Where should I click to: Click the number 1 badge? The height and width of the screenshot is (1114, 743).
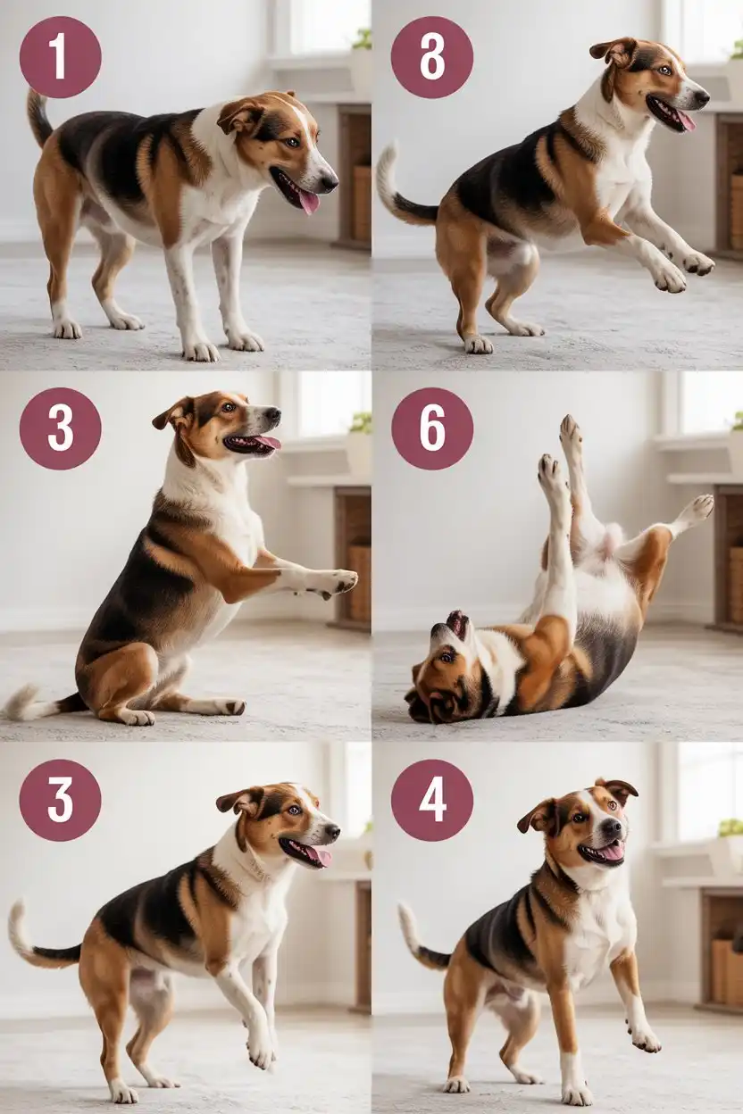[60, 56]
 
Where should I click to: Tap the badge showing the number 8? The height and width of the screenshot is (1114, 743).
[432, 56]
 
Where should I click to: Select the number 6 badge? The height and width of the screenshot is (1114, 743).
[432, 428]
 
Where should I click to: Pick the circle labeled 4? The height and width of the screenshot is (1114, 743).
[432, 801]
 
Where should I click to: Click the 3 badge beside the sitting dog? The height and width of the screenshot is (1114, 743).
[60, 428]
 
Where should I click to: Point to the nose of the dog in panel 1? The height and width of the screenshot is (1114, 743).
[330, 183]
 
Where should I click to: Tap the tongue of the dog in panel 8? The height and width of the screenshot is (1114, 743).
[685, 120]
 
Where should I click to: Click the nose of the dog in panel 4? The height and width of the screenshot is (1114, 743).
[613, 827]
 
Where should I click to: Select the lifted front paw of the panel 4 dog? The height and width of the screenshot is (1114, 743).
[645, 1038]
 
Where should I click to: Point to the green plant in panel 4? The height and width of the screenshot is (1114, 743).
[730, 827]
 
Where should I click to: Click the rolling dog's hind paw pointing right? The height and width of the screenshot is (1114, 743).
[698, 509]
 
